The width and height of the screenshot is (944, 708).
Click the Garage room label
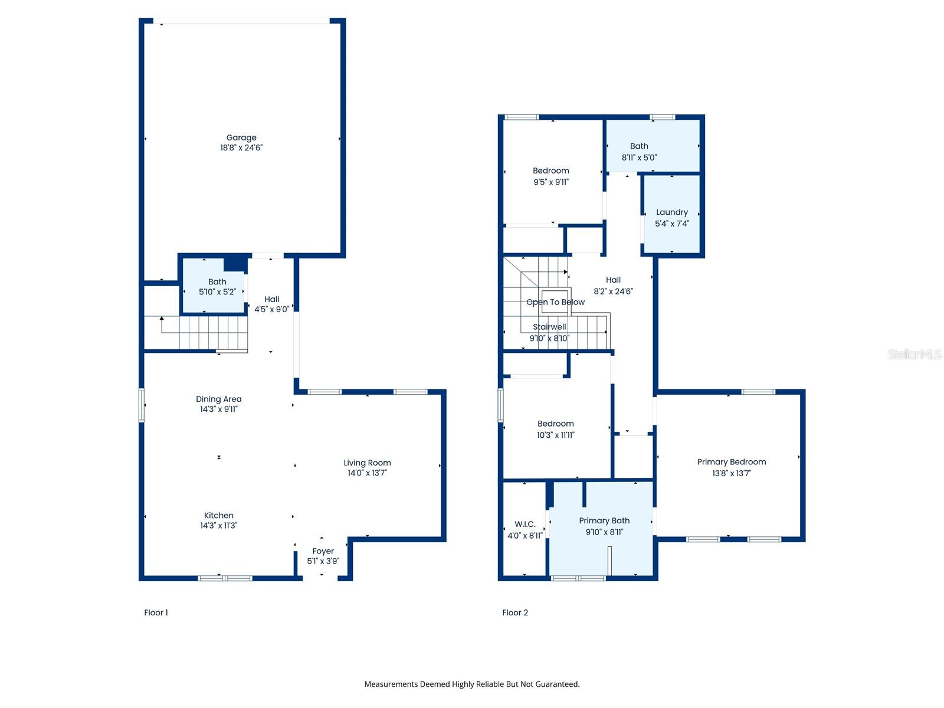[241, 137]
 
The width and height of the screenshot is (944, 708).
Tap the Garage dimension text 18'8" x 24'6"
[241, 148]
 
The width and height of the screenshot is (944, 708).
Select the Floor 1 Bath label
[217, 281]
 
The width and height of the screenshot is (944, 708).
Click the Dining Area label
[218, 399]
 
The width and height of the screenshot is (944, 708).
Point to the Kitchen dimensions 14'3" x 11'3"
[218, 526]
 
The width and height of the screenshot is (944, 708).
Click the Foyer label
[323, 551]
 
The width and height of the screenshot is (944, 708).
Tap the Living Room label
[367, 463]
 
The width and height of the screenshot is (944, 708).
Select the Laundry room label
[671, 212]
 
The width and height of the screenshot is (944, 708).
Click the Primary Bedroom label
[731, 462]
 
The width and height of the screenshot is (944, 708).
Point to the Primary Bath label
[604, 520]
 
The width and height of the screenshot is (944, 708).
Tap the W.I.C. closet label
[525, 524]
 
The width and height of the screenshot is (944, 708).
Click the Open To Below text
[555, 302]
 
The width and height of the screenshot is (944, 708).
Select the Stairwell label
[549, 327]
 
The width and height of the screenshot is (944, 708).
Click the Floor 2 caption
[515, 612]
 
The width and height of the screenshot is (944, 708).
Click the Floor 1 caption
[156, 612]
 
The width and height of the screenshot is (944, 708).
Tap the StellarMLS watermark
[914, 354]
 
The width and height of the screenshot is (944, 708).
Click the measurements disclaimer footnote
[471, 684]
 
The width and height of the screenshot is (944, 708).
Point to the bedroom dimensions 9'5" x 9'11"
[550, 182]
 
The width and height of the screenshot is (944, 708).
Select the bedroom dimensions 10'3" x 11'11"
[555, 435]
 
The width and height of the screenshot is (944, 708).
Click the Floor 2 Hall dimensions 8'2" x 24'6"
[613, 291]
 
